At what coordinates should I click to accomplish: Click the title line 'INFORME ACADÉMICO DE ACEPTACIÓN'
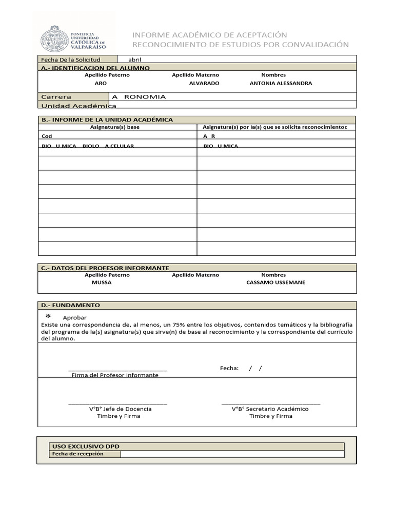[209, 34]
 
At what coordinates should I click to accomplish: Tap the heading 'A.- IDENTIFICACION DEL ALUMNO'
[95, 68]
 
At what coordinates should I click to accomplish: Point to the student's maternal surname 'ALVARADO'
[204, 83]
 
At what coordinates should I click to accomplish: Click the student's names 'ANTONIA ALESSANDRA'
[280, 83]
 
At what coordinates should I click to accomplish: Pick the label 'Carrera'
[56, 96]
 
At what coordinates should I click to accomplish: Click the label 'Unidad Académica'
[78, 106]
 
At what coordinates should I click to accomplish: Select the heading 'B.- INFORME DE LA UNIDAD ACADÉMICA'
[107, 119]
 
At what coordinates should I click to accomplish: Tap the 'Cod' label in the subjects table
[47, 136]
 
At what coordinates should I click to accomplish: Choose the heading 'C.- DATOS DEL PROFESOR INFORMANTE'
[105, 268]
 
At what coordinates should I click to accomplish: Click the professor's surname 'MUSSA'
[101, 282]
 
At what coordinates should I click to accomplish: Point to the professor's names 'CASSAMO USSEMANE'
[275, 282]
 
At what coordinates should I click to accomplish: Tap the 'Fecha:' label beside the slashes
[229, 368]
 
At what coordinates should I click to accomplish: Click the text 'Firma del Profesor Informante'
[115, 375]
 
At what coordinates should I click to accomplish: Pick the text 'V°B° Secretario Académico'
[270, 409]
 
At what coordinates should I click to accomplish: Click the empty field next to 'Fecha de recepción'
[232, 454]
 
